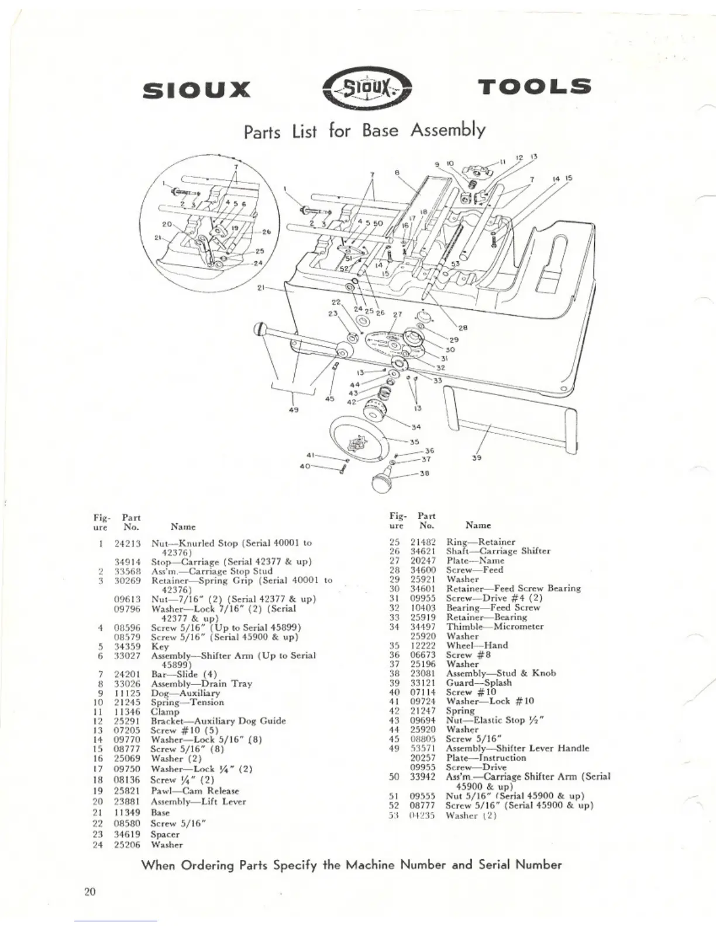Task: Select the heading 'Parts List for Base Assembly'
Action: coord(364,130)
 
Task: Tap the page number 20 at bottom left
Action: coord(90,892)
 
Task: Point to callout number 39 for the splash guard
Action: coord(476,458)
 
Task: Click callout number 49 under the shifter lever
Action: coord(294,410)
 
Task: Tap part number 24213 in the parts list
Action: coord(127,543)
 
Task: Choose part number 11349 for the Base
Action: coord(127,812)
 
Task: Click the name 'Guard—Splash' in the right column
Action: coord(479,682)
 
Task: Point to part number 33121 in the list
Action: coord(423,682)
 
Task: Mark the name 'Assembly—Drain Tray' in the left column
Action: coord(201,683)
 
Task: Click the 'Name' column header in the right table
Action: coord(478,526)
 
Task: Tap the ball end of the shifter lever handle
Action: coord(261,329)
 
